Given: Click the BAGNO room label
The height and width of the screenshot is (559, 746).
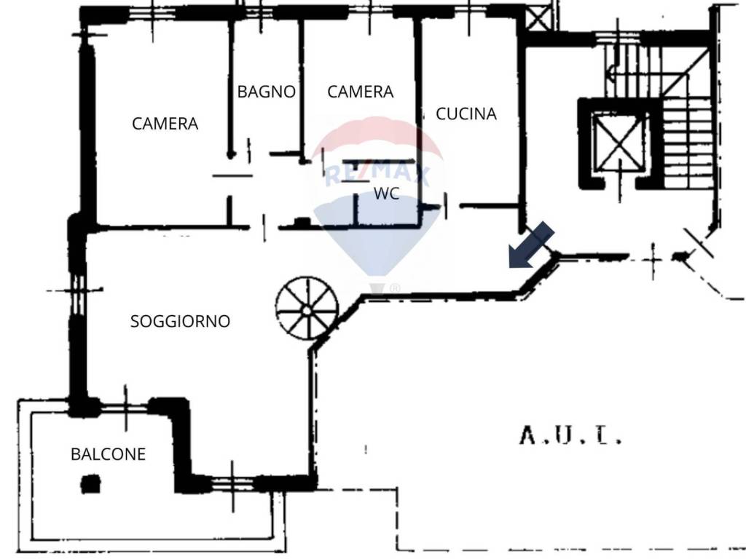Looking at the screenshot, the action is [x=267, y=92].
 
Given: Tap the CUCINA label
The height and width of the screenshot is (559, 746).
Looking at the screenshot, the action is [x=466, y=114].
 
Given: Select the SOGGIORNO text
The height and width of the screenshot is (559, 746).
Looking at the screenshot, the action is [x=181, y=321].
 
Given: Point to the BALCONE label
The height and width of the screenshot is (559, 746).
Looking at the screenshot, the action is [x=108, y=454].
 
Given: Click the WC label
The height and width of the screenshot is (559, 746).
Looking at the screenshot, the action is [x=386, y=194].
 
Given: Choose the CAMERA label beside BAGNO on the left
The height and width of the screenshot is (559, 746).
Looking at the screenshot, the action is [x=165, y=124].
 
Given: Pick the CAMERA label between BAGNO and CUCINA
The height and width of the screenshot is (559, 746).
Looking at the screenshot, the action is [x=361, y=92].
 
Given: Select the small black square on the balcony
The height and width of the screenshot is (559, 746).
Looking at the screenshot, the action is [x=90, y=484].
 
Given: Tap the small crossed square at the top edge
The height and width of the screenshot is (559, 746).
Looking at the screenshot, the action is [x=538, y=19].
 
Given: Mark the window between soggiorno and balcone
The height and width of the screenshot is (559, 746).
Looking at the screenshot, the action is [x=125, y=408].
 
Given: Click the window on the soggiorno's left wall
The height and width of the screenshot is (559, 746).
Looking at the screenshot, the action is [x=77, y=289].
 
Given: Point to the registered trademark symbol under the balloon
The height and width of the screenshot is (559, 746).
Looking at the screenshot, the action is [x=395, y=288].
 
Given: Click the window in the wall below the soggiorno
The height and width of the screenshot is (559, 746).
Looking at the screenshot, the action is [x=233, y=484].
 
